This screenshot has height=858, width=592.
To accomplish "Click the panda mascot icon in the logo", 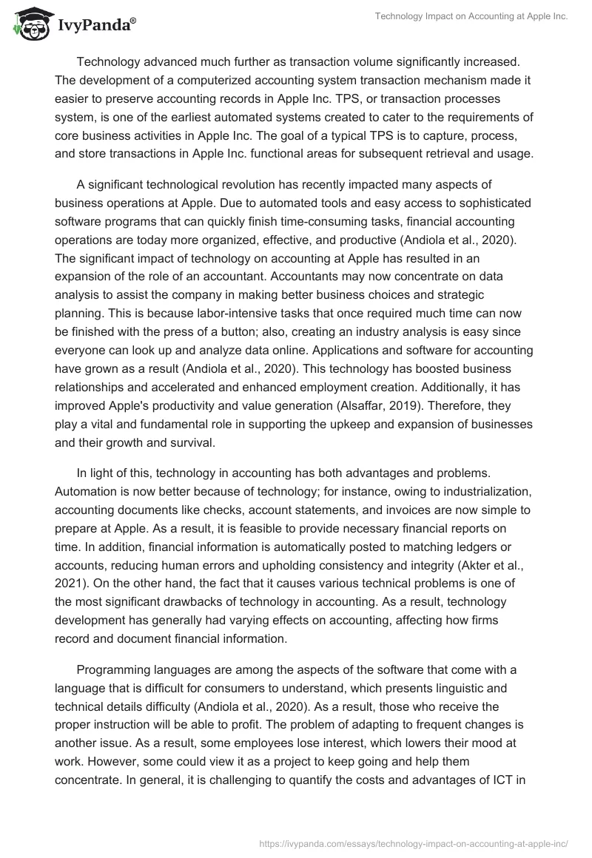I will pyautogui.click(x=29, y=24).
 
